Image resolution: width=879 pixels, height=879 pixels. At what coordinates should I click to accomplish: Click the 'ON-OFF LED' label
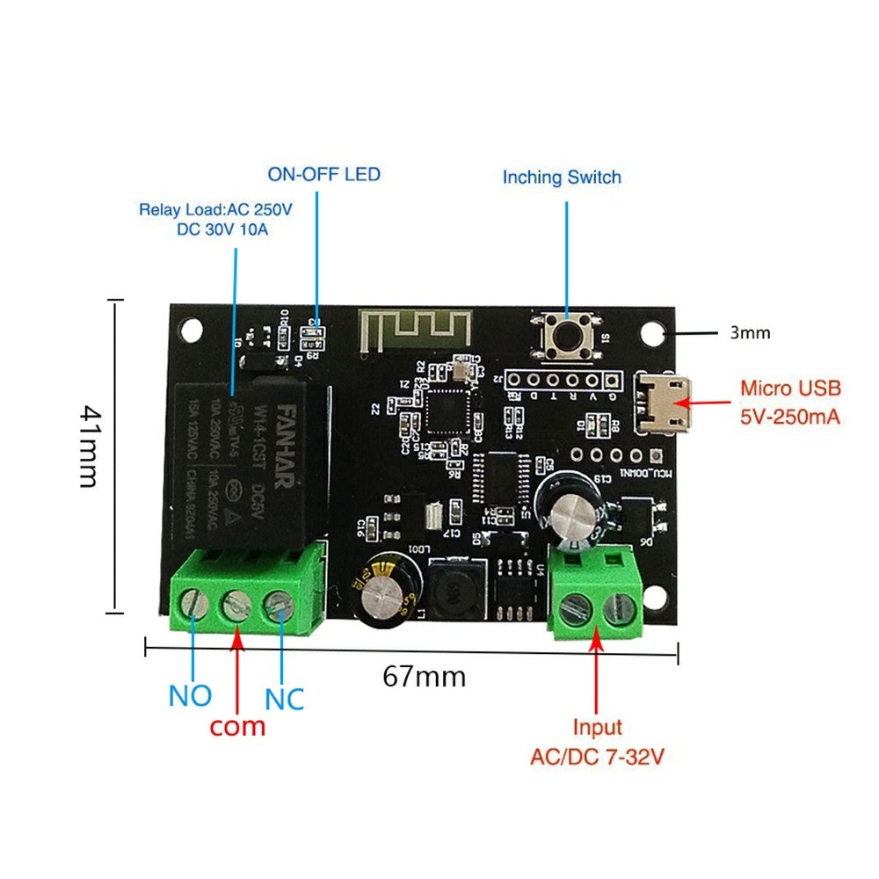point(324,174)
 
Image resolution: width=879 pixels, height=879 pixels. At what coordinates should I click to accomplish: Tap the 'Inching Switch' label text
point(562,177)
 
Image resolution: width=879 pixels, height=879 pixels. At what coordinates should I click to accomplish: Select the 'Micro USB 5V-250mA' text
point(789,402)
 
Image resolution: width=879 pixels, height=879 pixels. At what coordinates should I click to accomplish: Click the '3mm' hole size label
point(750,332)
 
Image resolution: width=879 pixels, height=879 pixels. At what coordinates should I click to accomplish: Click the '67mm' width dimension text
point(424,676)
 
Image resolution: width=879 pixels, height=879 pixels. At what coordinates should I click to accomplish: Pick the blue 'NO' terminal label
point(190,695)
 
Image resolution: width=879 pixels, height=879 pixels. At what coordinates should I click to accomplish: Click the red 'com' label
point(237,726)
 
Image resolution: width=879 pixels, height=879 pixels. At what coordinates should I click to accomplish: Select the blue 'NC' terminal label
point(284,699)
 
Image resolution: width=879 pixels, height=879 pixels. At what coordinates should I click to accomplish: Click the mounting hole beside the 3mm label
point(651,333)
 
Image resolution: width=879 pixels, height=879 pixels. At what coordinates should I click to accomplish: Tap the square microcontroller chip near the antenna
point(448,410)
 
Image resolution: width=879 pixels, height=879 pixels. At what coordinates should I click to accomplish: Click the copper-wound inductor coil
point(454,592)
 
